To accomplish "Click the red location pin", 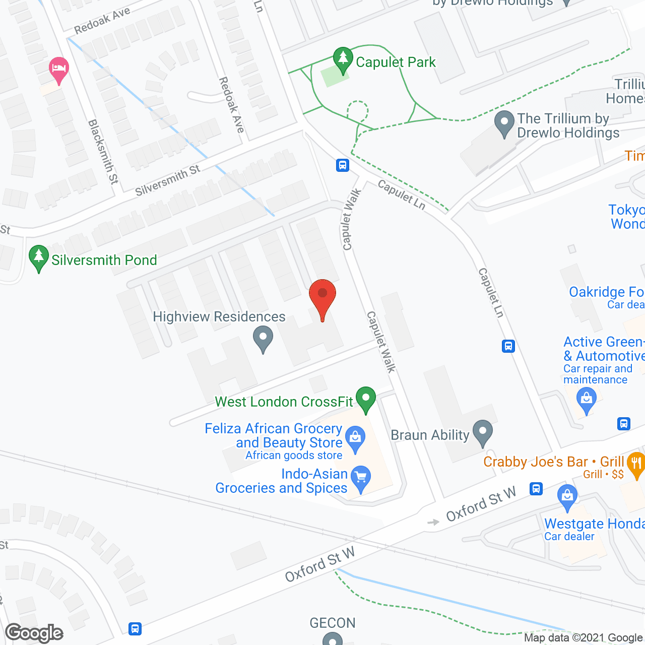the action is tap(322, 297).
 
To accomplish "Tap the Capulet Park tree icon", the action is tap(343, 60).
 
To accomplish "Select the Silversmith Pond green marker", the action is tap(39, 258).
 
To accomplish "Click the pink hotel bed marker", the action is tap(59, 70).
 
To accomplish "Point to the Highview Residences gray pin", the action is tap(263, 339).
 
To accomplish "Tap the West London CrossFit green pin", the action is tap(366, 400).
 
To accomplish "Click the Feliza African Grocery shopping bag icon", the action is tap(356, 439).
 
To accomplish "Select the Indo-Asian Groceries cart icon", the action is tap(361, 479).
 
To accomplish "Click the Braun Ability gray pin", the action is tap(483, 433).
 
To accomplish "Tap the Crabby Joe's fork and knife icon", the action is tap(636, 465).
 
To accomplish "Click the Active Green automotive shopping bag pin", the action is tap(587, 400).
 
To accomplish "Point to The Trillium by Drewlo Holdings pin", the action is tap(504, 123).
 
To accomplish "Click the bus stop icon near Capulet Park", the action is tap(343, 165).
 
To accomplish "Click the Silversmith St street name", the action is tap(168, 180).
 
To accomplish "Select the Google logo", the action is tap(34, 633).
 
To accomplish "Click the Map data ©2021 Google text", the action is tap(584, 638).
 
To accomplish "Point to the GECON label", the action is tap(333, 623).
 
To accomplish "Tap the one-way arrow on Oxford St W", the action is tap(433, 522).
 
